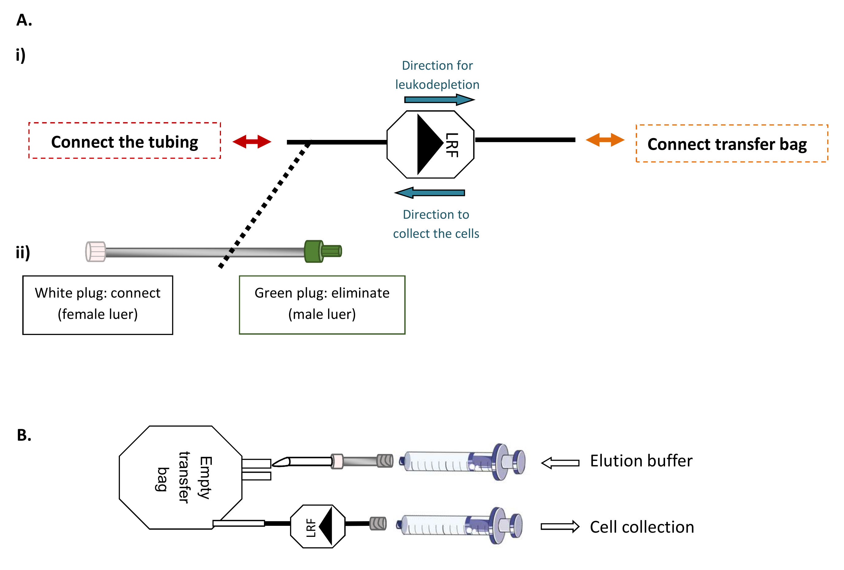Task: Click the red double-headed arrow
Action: pyautogui.click(x=252, y=142)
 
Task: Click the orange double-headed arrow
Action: pyautogui.click(x=605, y=140)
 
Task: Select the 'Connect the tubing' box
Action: pyautogui.click(x=125, y=141)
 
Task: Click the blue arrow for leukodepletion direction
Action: pyautogui.click(x=439, y=99)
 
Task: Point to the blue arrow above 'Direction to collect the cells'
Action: pyautogui.click(x=430, y=193)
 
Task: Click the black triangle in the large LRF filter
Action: pyautogui.click(x=428, y=144)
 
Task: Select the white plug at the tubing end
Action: pyautogui.click(x=95, y=252)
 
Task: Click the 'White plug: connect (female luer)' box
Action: pyautogui.click(x=98, y=305)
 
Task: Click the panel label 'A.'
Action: pyautogui.click(x=24, y=20)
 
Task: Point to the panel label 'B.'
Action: pyautogui.click(x=24, y=435)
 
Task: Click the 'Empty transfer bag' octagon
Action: pyautogui.click(x=180, y=477)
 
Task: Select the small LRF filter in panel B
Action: pyautogui.click(x=318, y=526)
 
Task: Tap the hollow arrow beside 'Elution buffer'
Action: pyautogui.click(x=560, y=463)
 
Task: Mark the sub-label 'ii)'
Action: pyautogui.click(x=22, y=252)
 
